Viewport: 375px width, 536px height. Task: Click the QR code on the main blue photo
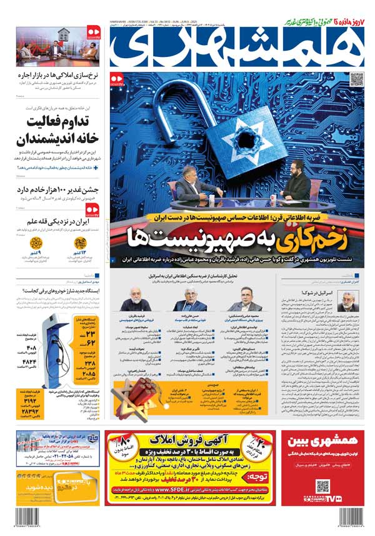click(x=357, y=79)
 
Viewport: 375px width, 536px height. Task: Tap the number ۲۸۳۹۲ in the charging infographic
click(x=28, y=414)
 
